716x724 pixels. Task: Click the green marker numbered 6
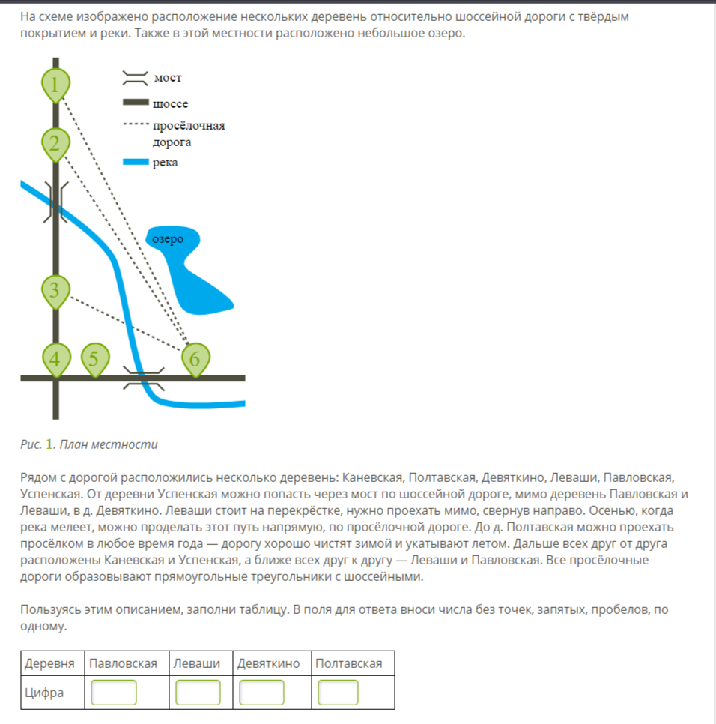point(195,360)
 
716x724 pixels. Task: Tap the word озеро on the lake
point(167,239)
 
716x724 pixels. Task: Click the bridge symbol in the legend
point(135,78)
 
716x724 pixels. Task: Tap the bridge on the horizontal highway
point(143,378)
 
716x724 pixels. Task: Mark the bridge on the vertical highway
point(57,202)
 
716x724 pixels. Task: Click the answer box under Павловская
point(114,693)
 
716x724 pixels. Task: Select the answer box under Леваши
point(198,693)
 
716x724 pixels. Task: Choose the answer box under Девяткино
point(262,693)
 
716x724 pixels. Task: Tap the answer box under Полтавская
point(339,693)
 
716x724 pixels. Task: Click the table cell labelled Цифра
point(44,693)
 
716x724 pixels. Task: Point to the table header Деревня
point(50,663)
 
